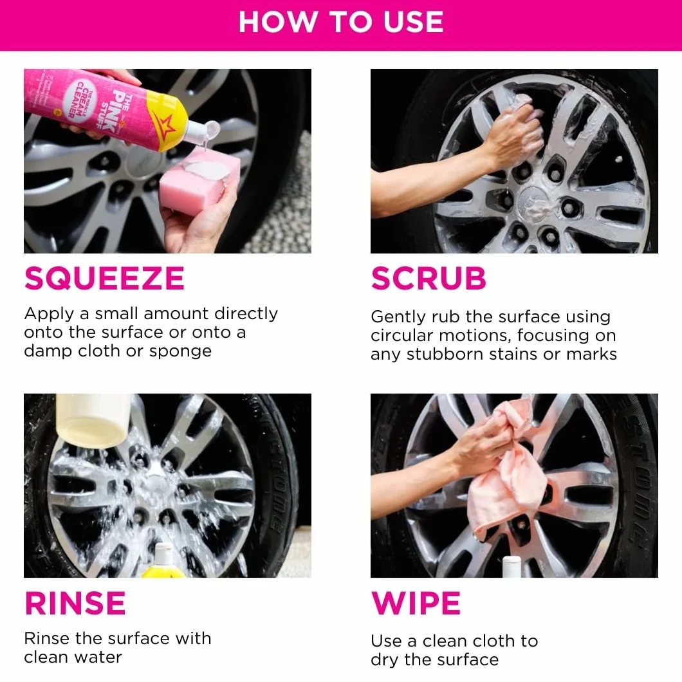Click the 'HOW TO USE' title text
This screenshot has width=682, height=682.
341,22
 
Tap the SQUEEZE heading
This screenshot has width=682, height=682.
104,279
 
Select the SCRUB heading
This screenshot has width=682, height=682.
429,279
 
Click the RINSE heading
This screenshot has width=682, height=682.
75,603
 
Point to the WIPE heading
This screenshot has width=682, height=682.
416,603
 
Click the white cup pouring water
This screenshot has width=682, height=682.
93,420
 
